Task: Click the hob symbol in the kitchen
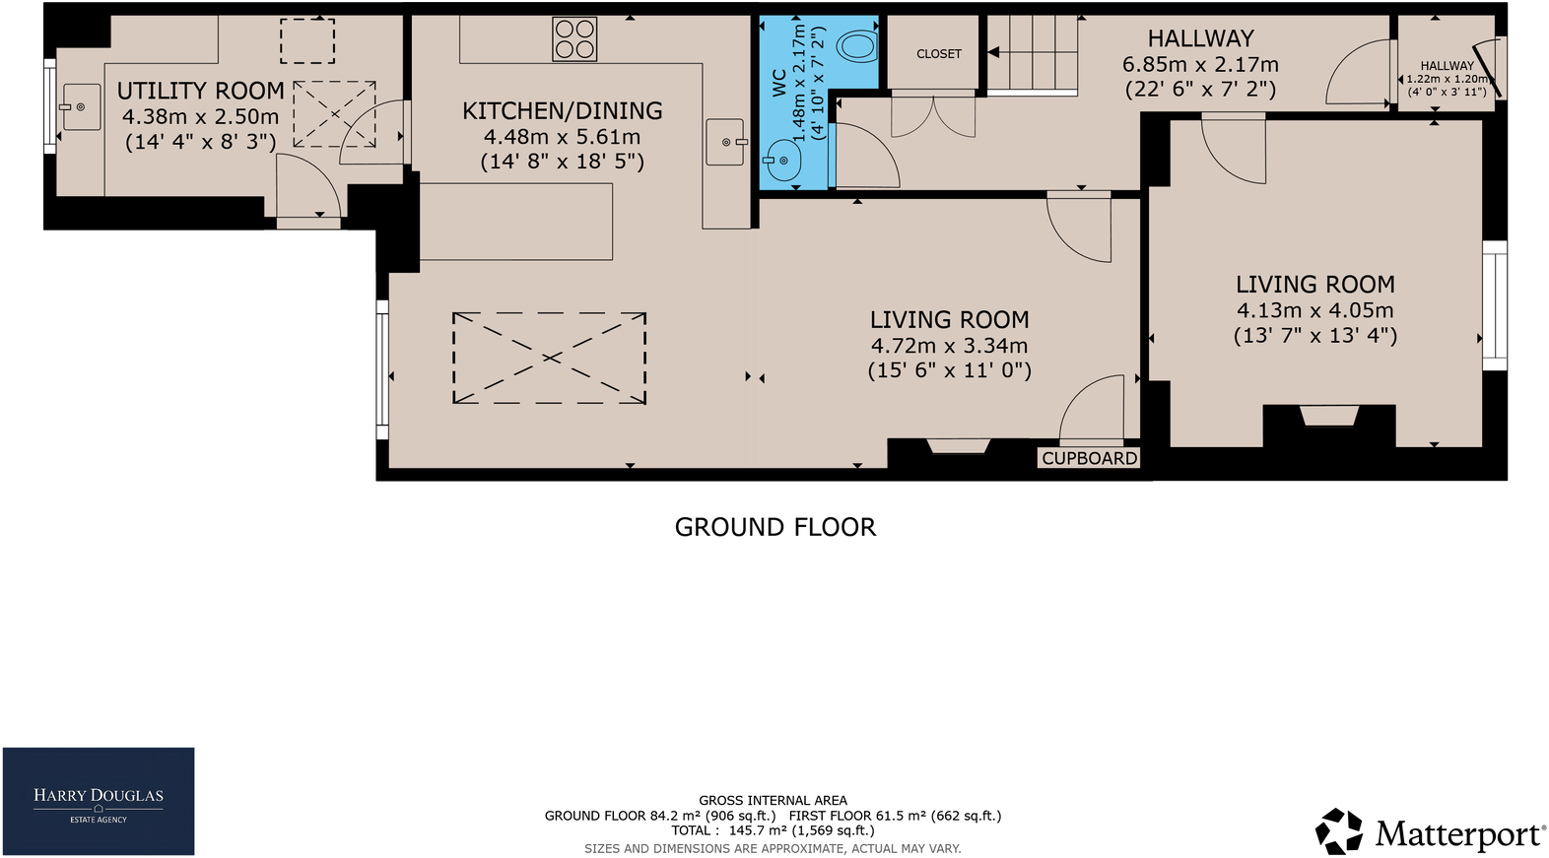(574, 39)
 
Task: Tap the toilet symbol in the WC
(856, 46)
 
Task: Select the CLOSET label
(938, 54)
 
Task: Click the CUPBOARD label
(1089, 458)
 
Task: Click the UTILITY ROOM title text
(201, 91)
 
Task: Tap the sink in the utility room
(80, 106)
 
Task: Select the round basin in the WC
(783, 161)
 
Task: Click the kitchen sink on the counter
(726, 142)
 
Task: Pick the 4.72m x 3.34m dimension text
(949, 346)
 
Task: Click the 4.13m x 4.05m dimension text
(1314, 310)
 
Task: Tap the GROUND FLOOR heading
(774, 527)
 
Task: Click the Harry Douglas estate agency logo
(99, 801)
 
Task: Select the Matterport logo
(1430, 832)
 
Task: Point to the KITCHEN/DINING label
(562, 111)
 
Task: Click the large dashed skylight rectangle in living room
(549, 358)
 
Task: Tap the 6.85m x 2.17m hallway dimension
(1200, 65)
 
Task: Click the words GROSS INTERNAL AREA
(773, 800)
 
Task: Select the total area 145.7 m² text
(773, 830)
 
